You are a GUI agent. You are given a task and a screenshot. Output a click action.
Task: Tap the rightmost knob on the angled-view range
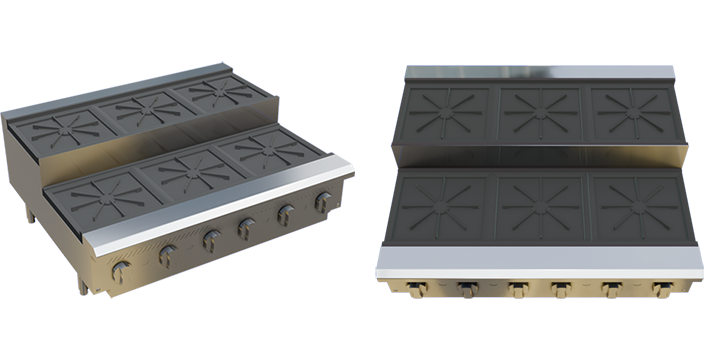(323, 203)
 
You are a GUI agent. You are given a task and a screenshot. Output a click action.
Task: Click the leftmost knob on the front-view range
(420, 289)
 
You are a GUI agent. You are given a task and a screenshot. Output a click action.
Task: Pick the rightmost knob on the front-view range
(660, 289)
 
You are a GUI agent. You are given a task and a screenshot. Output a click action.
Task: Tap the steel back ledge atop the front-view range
(540, 74)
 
